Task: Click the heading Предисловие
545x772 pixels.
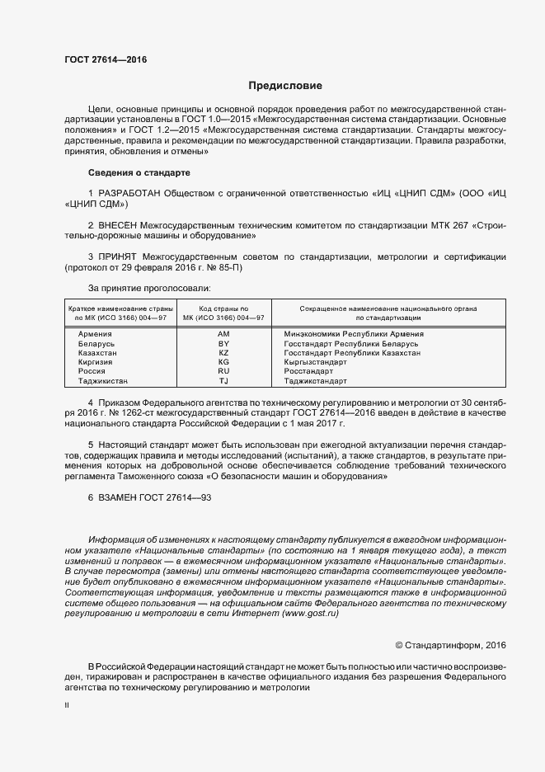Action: [285, 85]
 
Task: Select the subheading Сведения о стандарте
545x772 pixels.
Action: [139, 173]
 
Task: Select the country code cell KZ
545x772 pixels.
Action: [223, 352]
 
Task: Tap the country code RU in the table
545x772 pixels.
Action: [223, 371]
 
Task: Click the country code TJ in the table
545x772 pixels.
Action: [223, 381]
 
